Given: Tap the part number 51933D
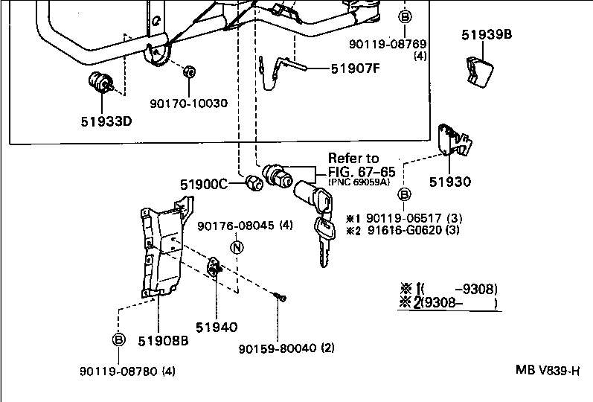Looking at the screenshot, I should (106, 121).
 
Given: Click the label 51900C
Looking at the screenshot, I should (202, 184).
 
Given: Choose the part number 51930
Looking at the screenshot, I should (450, 181).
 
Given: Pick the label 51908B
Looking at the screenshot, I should (162, 340).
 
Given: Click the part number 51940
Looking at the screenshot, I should (217, 327).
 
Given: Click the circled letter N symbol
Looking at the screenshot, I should (236, 248).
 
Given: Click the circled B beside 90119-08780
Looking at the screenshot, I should (118, 339).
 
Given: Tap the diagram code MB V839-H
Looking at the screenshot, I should (548, 370).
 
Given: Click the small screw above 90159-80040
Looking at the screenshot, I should (280, 298).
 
